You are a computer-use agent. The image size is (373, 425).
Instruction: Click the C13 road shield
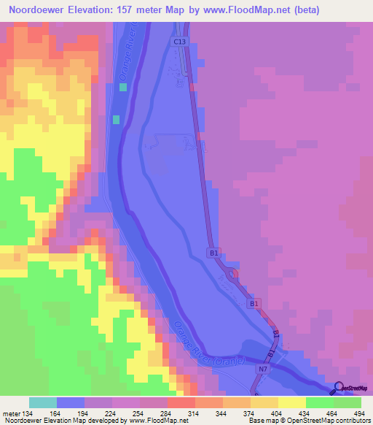[180, 43]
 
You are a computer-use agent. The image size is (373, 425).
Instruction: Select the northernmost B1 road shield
[214, 252]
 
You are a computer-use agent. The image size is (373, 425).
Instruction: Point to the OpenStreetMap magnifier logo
[337, 388]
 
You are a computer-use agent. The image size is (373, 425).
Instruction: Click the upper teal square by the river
[122, 87]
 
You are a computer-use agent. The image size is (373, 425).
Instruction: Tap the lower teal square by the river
[115, 118]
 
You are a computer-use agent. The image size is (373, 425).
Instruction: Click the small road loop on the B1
[233, 276]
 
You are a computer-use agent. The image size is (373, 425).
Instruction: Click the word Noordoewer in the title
[39, 11]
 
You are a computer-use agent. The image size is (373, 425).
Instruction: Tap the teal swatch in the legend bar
[42, 402]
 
